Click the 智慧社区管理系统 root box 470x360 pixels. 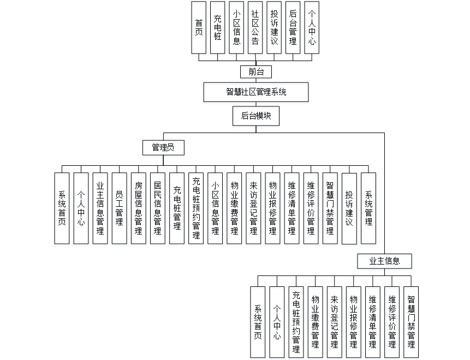256,92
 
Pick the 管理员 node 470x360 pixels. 163,147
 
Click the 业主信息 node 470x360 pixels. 385,261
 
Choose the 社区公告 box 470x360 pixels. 255,27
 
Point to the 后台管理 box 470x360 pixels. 293,27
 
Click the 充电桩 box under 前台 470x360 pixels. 217,27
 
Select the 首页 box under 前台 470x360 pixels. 199,27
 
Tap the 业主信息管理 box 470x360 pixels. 100,208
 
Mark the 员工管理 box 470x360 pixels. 119,208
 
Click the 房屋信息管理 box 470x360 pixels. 138,208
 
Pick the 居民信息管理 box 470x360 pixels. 157,208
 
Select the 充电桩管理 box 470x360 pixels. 177,208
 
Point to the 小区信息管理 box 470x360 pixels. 215,208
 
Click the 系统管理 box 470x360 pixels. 368,208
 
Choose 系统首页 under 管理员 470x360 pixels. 62,208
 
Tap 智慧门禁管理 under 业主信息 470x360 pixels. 411,321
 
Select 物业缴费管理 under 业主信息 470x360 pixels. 315,321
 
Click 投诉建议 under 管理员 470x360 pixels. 349,208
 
